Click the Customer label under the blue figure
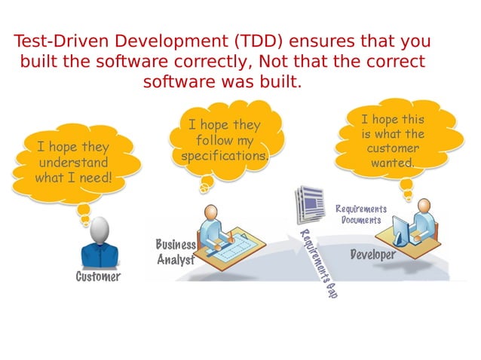[x=97, y=277]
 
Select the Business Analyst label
[x=176, y=252]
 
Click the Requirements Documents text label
[x=360, y=214]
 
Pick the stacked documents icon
[x=308, y=205]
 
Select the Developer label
[x=372, y=255]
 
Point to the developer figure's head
[x=424, y=206]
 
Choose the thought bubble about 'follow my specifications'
[x=224, y=140]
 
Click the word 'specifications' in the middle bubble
[x=224, y=156]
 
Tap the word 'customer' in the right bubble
[x=392, y=148]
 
